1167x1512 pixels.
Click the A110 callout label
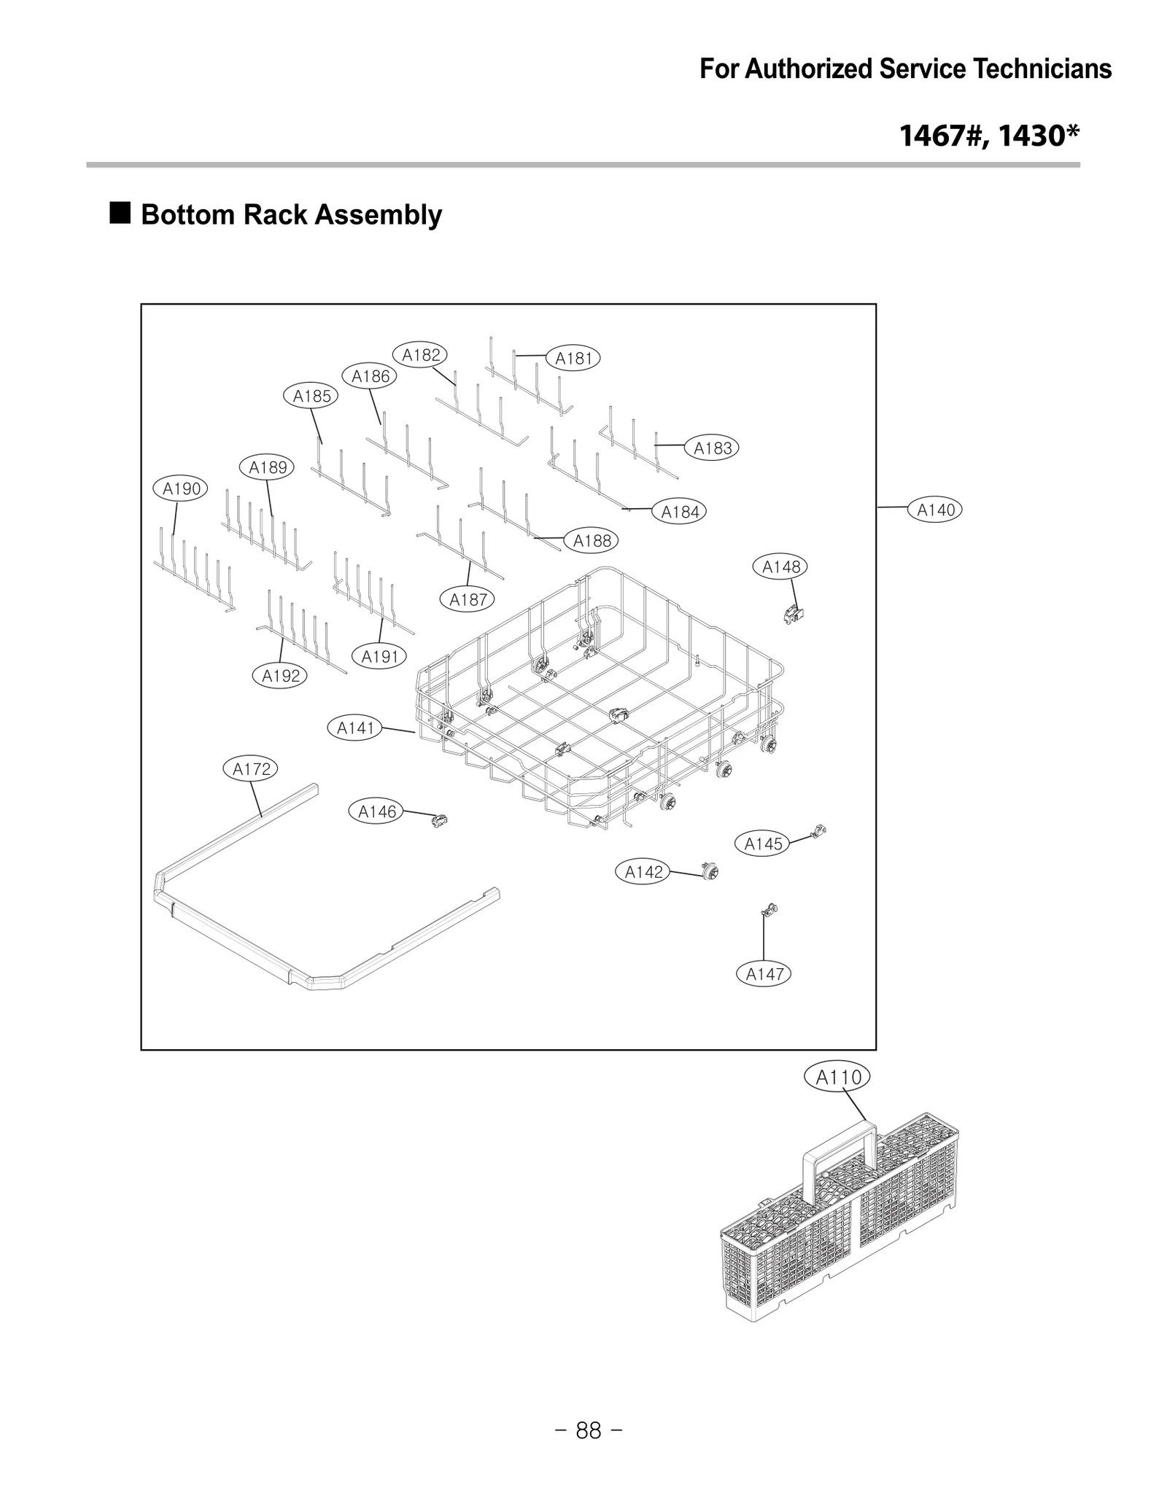838,1077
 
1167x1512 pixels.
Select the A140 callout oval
935,510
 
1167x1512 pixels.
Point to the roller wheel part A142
707,870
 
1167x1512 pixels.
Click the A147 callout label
764,973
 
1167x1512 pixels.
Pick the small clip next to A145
820,830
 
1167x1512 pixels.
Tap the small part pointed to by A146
439,821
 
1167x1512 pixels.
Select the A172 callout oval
251,768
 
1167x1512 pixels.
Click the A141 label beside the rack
355,728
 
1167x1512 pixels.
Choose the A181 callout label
573,358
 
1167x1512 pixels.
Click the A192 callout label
281,676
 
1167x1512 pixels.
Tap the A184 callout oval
679,512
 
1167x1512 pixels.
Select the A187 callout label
468,599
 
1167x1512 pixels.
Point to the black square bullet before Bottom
120,214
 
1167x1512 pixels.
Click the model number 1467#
941,136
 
